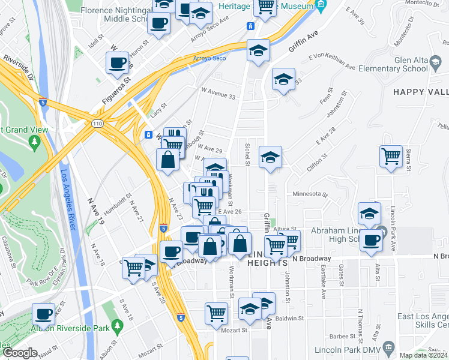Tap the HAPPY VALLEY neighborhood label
[421, 91]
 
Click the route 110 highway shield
[96, 123]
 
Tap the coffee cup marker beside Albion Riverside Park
[43, 314]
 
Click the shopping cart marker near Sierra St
[391, 157]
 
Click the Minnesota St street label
[309, 194]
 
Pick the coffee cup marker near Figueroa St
[118, 63]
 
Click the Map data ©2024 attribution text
[424, 355]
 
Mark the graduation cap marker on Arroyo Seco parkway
[258, 50]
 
